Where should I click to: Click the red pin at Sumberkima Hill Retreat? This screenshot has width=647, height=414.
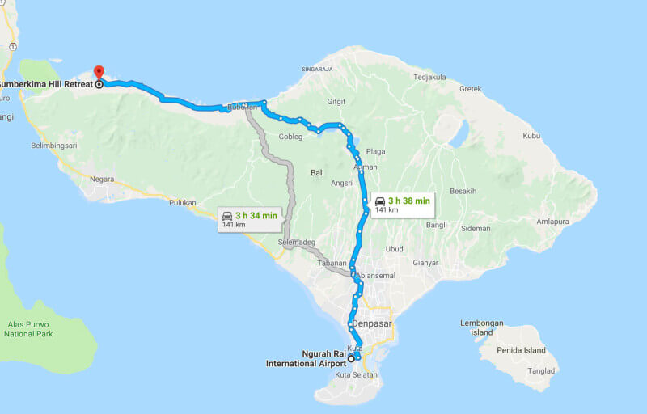(x=99, y=74)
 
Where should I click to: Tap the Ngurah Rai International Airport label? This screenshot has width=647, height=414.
(x=306, y=359)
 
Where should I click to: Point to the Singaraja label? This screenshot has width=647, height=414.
(x=317, y=70)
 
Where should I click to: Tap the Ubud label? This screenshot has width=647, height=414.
(x=394, y=249)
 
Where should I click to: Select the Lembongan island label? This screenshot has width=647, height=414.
(x=481, y=327)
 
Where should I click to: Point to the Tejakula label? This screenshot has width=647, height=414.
(x=429, y=78)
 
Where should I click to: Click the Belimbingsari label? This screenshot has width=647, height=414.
(x=54, y=146)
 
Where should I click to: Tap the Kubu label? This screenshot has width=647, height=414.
(x=531, y=136)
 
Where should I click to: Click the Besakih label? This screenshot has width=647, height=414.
(x=463, y=192)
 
